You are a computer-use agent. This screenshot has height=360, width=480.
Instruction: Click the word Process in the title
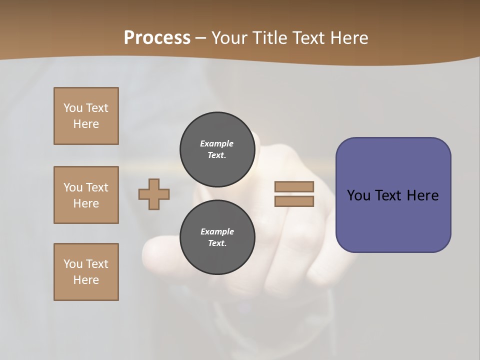pyautogui.click(x=157, y=38)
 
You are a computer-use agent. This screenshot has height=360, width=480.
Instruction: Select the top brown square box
pyautogui.click(x=86, y=116)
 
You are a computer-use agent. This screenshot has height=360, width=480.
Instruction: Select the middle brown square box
pyautogui.click(x=86, y=195)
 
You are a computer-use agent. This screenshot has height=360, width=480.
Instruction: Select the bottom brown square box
pyautogui.click(x=86, y=272)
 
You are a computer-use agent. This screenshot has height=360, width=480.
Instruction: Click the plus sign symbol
pyautogui.click(x=154, y=194)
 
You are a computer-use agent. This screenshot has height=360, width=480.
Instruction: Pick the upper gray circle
pyautogui.click(x=217, y=149)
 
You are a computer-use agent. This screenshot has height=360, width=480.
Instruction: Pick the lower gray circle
pyautogui.click(x=217, y=237)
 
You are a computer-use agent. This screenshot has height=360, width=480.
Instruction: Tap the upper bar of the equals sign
pyautogui.click(x=294, y=186)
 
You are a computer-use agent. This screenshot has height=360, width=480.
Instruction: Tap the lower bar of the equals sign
pyautogui.click(x=294, y=201)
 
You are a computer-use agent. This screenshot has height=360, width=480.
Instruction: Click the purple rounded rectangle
pyautogui.click(x=393, y=220)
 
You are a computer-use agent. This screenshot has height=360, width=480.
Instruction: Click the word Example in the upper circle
pyautogui.click(x=216, y=143)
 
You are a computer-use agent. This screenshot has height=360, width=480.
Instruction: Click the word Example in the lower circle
pyautogui.click(x=217, y=231)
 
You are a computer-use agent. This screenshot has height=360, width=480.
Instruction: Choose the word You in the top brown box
pyautogui.click(x=72, y=108)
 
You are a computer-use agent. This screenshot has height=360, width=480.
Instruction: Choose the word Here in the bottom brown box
pyautogui.click(x=86, y=280)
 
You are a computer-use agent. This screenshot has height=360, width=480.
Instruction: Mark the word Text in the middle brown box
pyautogui.click(x=97, y=187)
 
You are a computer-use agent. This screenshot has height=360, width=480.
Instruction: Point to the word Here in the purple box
pyautogui.click(x=422, y=195)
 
